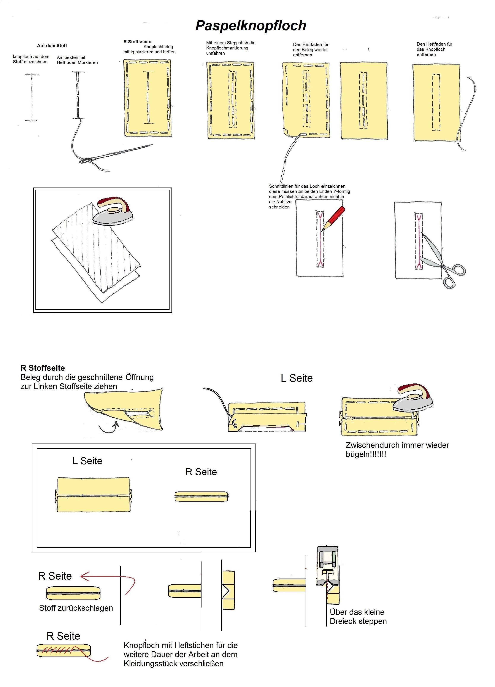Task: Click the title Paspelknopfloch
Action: coord(251,26)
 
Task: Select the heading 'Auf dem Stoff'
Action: coord(52,46)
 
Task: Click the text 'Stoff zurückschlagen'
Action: coord(76,608)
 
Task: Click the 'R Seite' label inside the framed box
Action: coord(201,472)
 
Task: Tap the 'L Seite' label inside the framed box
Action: coord(87,461)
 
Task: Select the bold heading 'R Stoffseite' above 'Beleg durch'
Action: coord(43,368)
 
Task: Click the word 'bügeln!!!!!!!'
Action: coord(366,454)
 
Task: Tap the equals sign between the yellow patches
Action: coord(344,49)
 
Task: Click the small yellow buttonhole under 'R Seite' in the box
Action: coord(201,496)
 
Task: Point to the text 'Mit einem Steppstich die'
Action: coord(231,43)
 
